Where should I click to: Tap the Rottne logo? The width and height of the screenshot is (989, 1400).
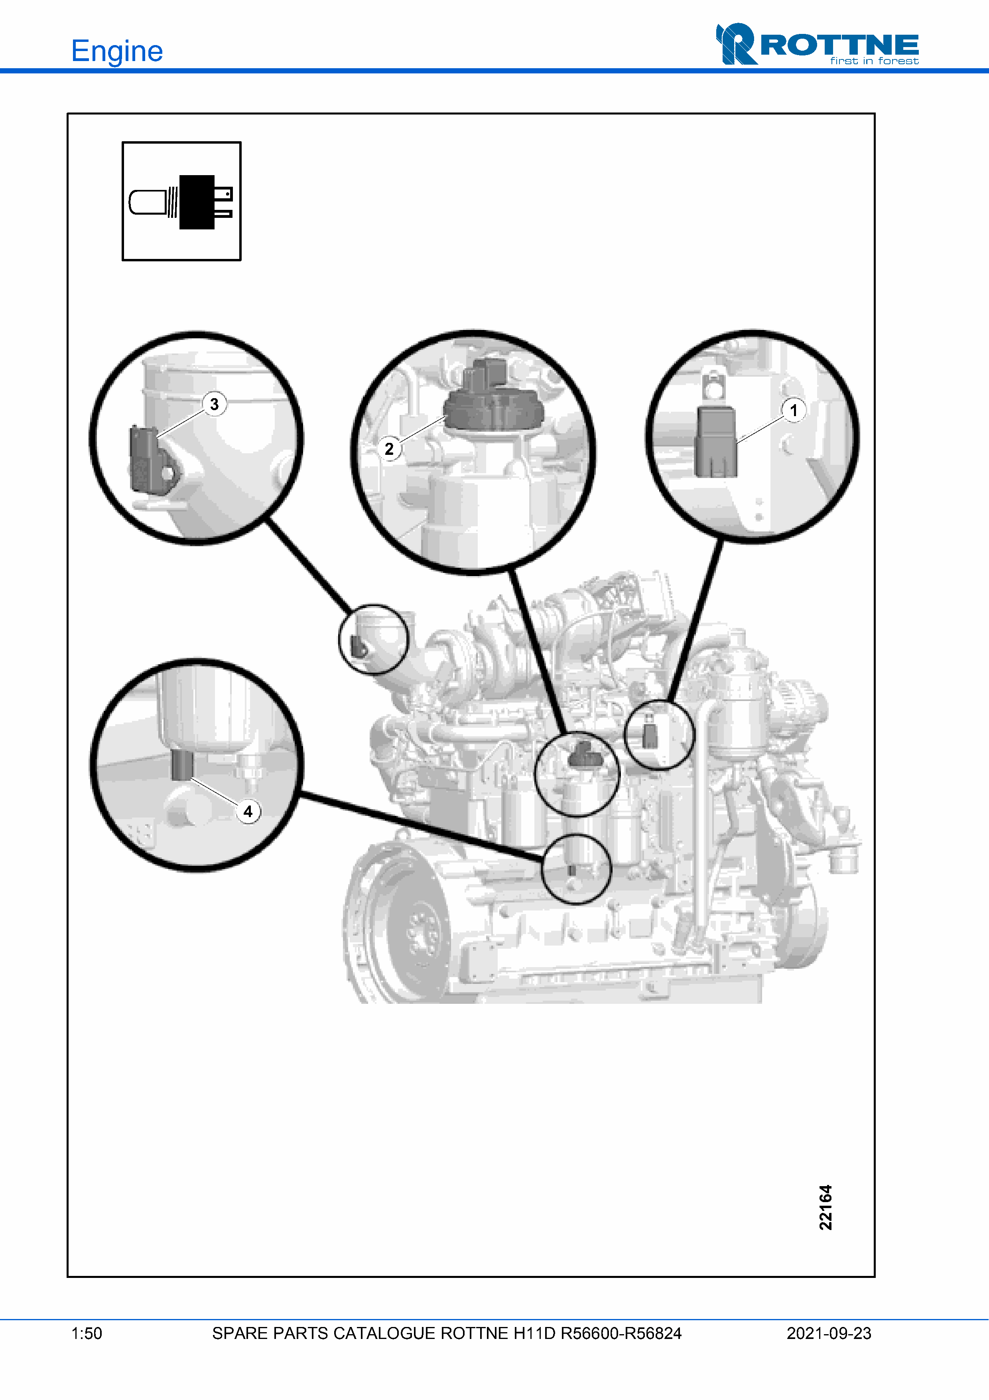coord(817,44)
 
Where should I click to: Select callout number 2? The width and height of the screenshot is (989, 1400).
coord(389,449)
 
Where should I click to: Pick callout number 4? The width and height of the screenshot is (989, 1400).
coord(248,812)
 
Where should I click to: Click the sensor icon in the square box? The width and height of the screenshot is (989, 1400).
coord(181,202)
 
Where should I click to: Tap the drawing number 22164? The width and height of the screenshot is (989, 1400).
coord(825,1207)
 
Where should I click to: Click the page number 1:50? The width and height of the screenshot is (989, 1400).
coord(87,1333)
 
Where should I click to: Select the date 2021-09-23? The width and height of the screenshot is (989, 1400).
coord(829,1333)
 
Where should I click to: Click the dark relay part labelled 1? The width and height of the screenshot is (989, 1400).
coord(715,442)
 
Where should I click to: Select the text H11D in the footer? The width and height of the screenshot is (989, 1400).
coord(534,1333)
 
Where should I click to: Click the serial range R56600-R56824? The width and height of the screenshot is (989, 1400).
coord(621,1333)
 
